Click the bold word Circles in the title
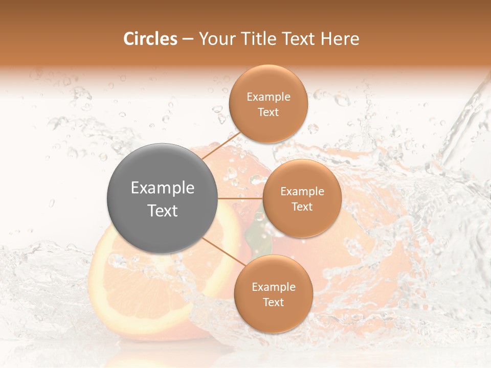tap(150, 38)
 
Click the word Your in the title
tap(216, 38)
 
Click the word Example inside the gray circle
tap(163, 188)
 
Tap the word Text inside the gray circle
tap(163, 211)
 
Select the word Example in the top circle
tap(269, 97)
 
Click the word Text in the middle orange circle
tap(302, 206)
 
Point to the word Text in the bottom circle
tap(273, 302)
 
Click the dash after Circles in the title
tap(187, 39)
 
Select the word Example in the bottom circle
tap(274, 287)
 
